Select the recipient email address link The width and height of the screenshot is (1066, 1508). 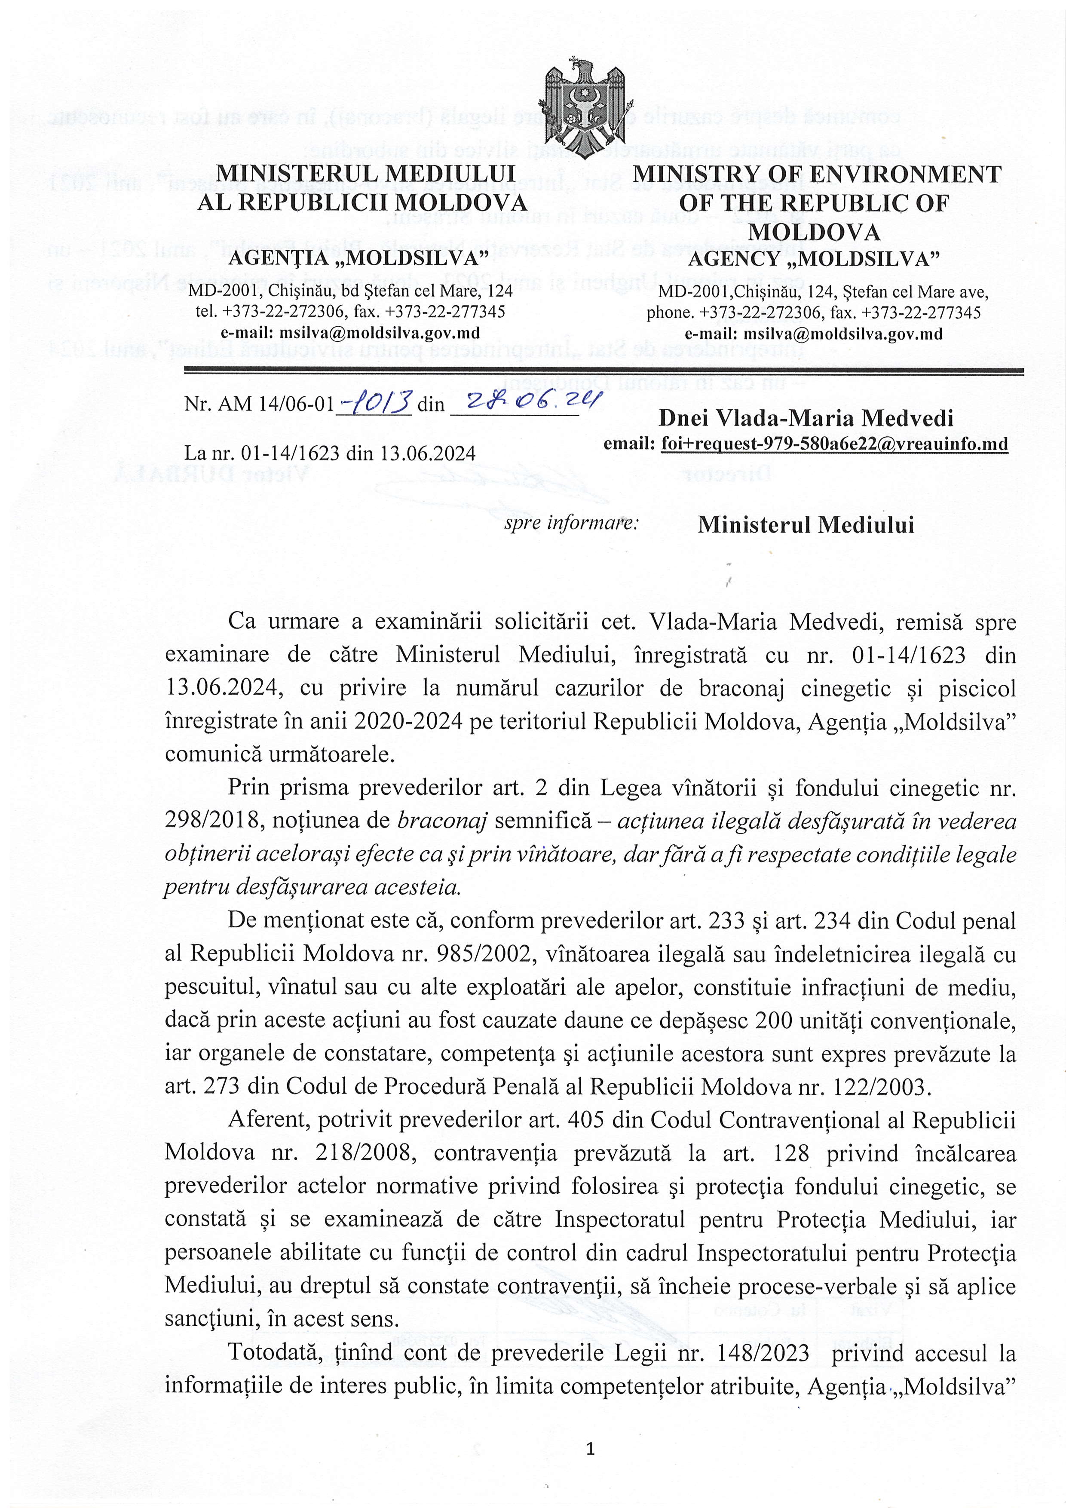click(834, 444)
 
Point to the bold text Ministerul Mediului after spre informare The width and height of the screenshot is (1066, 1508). click(805, 525)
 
